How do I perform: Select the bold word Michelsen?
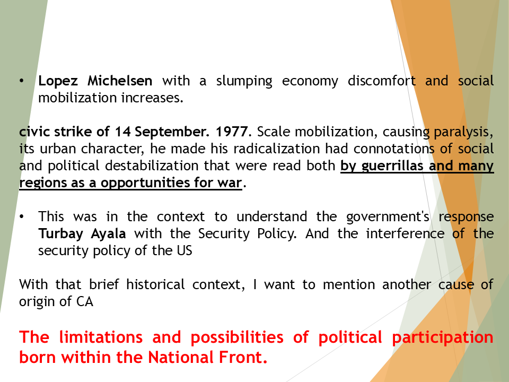[120, 81]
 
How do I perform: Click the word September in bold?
[167, 132]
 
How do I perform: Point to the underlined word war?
[231, 183]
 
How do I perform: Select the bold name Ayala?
[110, 234]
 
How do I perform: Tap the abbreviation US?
[183, 251]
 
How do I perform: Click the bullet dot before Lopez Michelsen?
[22, 81]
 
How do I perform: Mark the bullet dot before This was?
[22, 217]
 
